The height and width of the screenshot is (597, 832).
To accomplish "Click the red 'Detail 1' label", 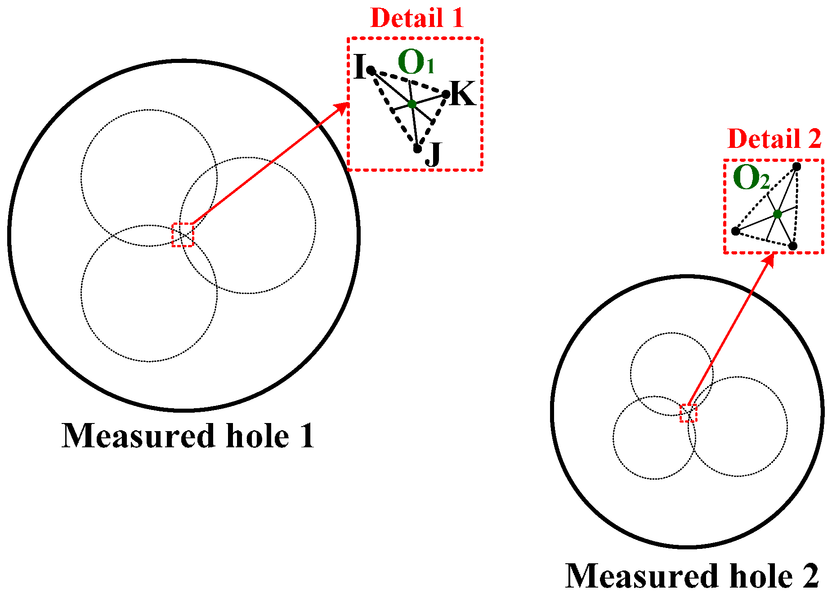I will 416,18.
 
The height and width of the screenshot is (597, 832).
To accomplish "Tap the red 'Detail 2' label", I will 774,138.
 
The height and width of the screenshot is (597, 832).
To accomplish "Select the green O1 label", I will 416,63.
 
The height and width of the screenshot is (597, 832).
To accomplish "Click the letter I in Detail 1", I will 359,67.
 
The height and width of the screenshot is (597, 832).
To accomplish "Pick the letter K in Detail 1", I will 462,94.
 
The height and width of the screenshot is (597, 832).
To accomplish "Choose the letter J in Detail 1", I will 434,154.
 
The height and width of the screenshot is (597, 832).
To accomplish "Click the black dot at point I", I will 371,71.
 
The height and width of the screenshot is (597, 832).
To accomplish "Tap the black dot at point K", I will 445,94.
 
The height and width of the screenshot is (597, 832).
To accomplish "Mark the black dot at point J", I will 417,148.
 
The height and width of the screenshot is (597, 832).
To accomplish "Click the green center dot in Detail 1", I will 412,104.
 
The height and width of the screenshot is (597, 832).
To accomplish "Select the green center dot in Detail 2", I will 778,214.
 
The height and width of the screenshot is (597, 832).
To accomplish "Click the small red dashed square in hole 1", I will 183,235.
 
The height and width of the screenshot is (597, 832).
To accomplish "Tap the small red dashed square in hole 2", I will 688,413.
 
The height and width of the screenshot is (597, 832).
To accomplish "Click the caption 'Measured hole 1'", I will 188,436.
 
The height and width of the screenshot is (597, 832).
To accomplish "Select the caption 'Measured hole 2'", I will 692,576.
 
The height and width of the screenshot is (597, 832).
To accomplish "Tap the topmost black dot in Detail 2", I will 796,167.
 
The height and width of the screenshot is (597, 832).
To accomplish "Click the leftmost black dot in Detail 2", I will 736,231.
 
